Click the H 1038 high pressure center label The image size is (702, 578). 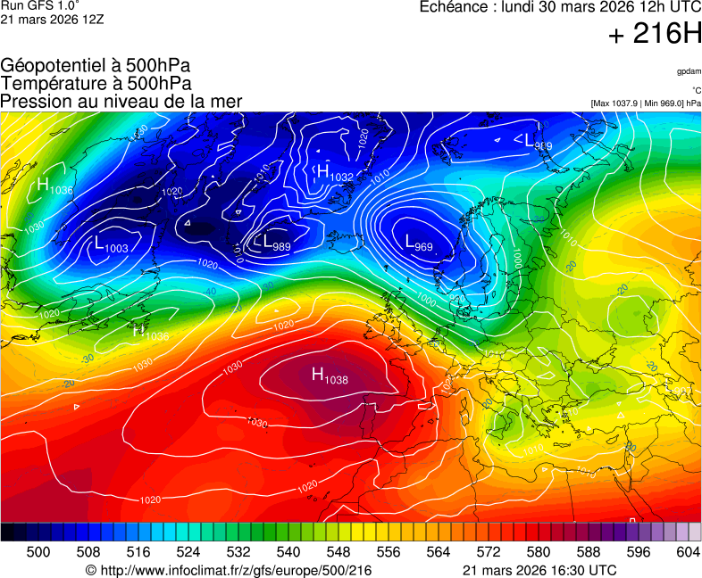coord(329,376)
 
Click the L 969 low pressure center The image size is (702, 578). coord(419,243)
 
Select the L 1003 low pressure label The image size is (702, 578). coord(111,244)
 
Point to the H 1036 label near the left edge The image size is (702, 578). coord(54,186)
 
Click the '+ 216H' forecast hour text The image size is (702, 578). coord(655,35)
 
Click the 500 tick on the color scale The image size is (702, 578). coord(38,553)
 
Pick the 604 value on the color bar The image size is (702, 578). coord(688,553)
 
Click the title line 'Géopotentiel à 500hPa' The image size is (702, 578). coord(96,66)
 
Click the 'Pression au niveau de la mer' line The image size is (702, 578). coord(121,102)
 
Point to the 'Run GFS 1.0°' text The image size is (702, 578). coord(40,6)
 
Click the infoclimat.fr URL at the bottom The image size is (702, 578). coord(228,570)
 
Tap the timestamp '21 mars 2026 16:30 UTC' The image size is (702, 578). coord(539,570)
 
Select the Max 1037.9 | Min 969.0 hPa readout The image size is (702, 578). coord(645,103)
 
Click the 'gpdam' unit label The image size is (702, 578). coord(689,70)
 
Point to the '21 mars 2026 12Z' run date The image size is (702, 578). coord(52,20)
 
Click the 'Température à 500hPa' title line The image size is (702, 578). coord(96,84)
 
